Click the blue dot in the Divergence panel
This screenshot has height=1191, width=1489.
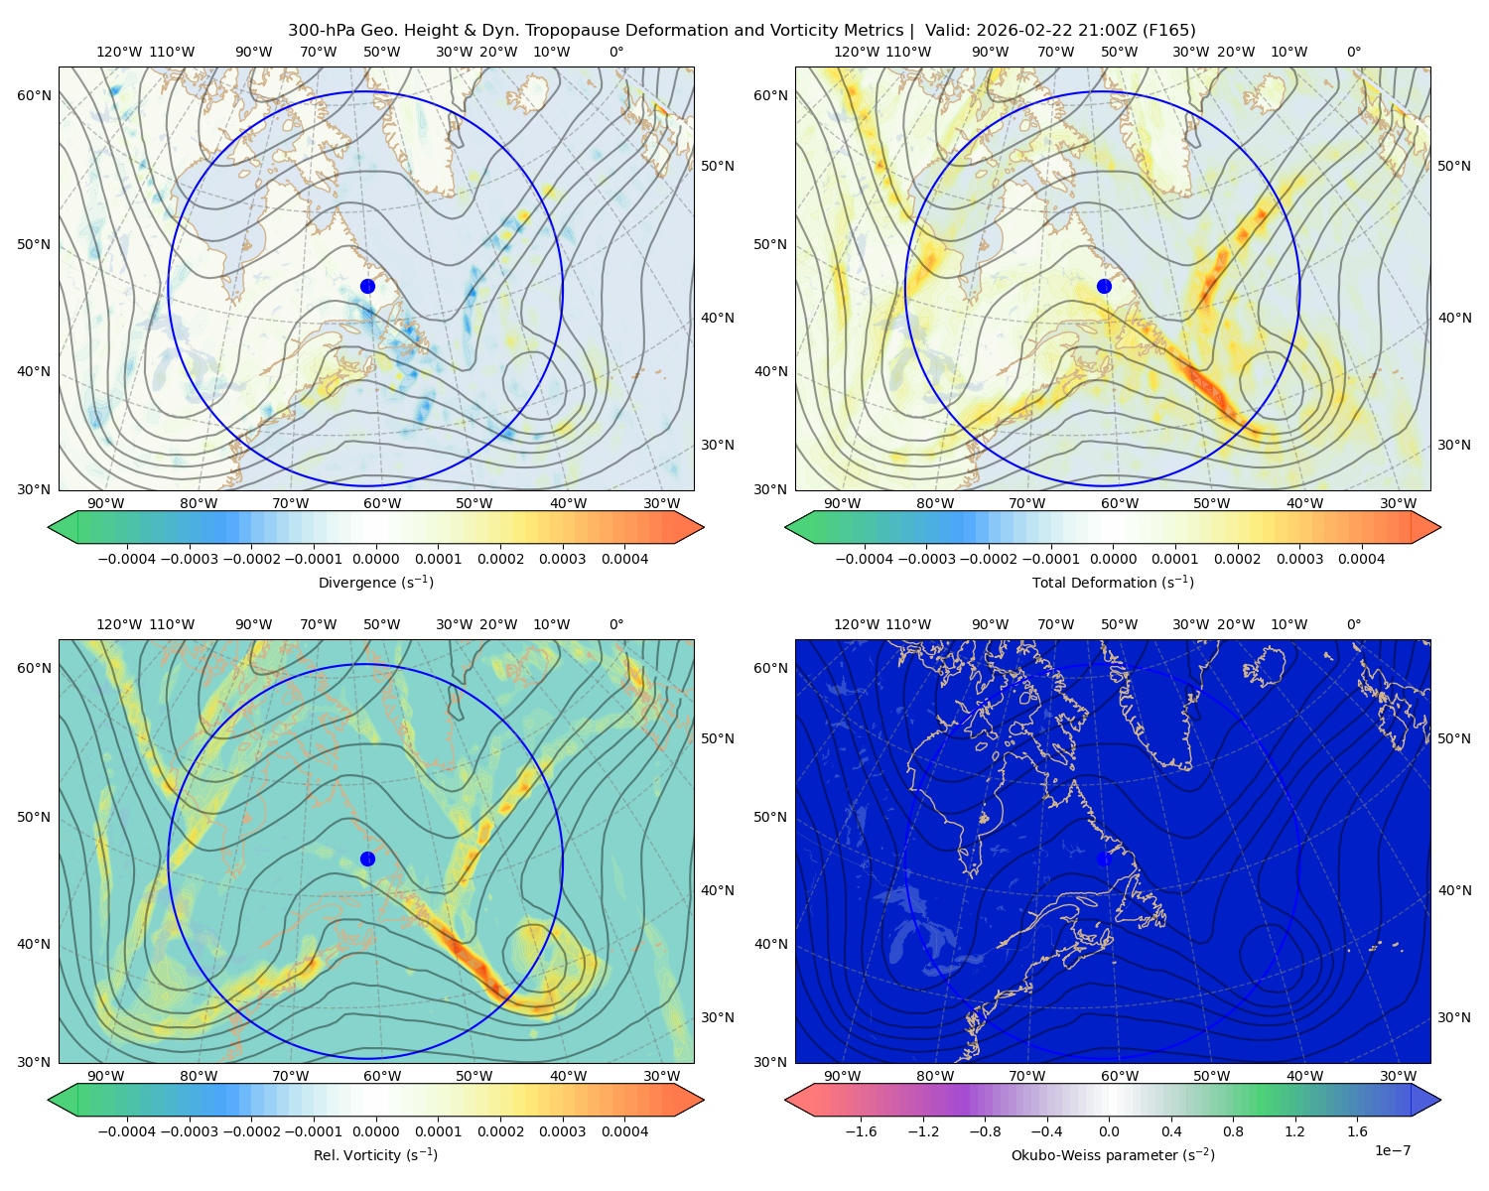(367, 287)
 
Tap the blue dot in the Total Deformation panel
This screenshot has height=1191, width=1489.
(1104, 287)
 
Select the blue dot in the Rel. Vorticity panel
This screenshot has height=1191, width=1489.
(367, 859)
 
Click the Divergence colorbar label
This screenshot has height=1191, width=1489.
(375, 583)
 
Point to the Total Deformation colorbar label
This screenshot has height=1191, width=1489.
(1113, 583)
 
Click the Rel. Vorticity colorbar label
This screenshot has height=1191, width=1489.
(375, 1155)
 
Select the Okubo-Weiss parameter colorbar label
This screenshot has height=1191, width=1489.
(1113, 1155)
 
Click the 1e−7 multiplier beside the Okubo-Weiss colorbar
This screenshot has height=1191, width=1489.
(1392, 1151)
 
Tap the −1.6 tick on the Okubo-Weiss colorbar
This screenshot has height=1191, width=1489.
(861, 1131)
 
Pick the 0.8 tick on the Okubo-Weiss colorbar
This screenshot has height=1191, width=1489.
(1233, 1131)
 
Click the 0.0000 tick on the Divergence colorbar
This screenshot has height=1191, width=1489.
(375, 559)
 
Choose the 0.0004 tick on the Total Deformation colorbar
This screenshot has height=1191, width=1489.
(1361, 559)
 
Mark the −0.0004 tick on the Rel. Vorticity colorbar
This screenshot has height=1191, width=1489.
(127, 1131)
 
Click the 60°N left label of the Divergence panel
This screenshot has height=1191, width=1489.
(34, 95)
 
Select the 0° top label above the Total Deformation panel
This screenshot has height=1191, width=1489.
(1353, 52)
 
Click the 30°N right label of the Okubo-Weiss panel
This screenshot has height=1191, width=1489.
(1453, 1017)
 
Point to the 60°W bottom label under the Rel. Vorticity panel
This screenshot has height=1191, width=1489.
(382, 1076)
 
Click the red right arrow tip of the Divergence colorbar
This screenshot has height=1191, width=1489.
(703, 527)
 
